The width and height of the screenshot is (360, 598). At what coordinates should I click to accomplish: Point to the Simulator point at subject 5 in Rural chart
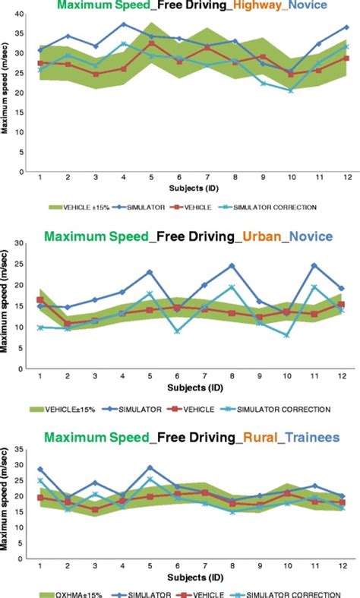(150, 468)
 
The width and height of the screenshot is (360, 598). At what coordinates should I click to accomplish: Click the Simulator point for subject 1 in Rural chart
(39, 470)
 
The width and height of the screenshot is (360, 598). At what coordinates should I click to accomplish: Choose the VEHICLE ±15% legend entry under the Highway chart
(77, 205)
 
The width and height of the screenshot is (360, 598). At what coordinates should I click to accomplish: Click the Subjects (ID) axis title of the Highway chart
(191, 185)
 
